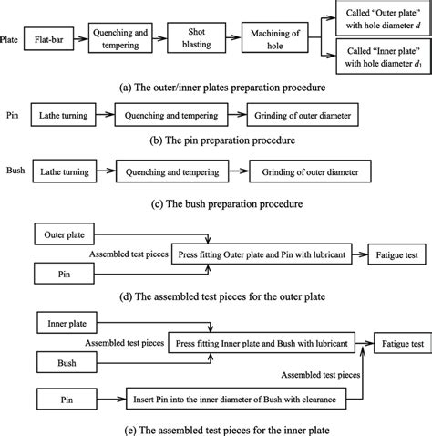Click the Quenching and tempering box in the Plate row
119,40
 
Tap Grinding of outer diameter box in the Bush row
306,171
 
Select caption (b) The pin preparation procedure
216,142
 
